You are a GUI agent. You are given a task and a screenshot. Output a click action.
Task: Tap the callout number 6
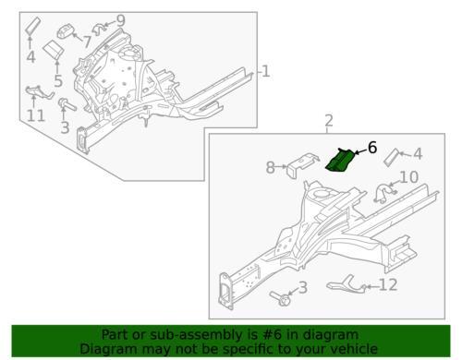[x=371, y=148]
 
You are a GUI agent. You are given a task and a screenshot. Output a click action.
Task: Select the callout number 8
[x=270, y=168]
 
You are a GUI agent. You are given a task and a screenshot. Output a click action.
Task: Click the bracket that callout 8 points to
[x=296, y=168]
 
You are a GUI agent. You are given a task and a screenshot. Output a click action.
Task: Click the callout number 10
[x=408, y=176]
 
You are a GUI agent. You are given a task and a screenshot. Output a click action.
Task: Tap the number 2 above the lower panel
[x=327, y=121]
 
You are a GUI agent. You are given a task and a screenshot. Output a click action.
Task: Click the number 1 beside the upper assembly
[x=265, y=71]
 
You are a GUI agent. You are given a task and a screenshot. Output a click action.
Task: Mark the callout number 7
[x=88, y=41]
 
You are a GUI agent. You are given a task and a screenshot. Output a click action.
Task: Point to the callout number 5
[x=57, y=82]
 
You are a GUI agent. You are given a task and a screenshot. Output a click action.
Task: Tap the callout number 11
[x=34, y=116]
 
